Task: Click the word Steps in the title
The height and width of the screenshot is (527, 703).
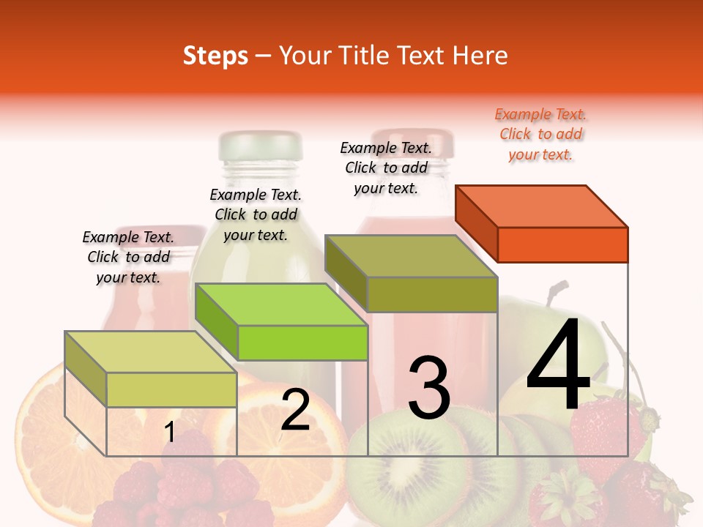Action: pyautogui.click(x=215, y=56)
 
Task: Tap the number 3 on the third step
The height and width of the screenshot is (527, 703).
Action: pyautogui.click(x=428, y=388)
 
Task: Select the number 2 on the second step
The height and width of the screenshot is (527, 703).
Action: pyautogui.click(x=295, y=410)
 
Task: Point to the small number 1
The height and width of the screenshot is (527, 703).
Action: pyautogui.click(x=169, y=433)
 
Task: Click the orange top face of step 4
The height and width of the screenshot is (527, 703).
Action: pyautogui.click(x=541, y=206)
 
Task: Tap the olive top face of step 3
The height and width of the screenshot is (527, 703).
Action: pyautogui.click(x=410, y=256)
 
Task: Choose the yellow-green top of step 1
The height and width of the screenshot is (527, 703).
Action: pyautogui.click(x=150, y=352)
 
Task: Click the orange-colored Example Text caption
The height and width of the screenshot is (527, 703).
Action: pyautogui.click(x=540, y=134)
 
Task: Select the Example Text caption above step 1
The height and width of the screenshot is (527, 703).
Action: pyautogui.click(x=128, y=257)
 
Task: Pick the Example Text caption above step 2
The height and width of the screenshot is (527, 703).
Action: pyautogui.click(x=256, y=214)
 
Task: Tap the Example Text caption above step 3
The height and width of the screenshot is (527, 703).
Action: pyautogui.click(x=386, y=168)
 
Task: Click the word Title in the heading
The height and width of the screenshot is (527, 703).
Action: pyautogui.click(x=366, y=56)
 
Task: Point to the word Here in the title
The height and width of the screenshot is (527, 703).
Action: pyautogui.click(x=479, y=56)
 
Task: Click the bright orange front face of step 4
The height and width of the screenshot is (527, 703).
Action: pyautogui.click(x=562, y=244)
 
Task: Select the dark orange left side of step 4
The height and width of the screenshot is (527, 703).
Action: pyautogui.click(x=476, y=223)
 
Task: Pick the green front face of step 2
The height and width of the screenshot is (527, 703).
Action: pyautogui.click(x=302, y=343)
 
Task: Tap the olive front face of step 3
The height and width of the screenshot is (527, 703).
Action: pyautogui.click(x=432, y=294)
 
